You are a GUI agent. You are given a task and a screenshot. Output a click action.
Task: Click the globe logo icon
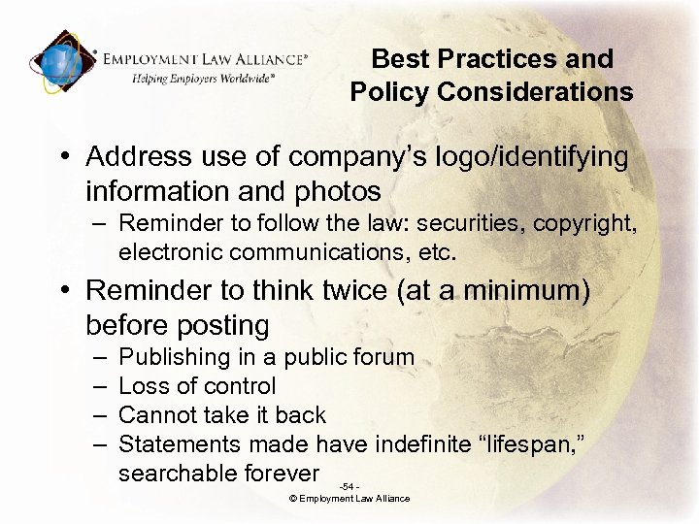(60, 60)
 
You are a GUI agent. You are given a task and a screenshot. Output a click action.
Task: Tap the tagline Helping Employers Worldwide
(203, 79)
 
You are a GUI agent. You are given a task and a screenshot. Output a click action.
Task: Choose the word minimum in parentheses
(524, 290)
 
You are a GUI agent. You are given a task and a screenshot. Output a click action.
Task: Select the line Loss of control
(197, 386)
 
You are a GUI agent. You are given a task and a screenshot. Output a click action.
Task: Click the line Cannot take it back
(221, 415)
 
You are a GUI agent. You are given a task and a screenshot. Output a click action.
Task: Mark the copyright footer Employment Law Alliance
(349, 498)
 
